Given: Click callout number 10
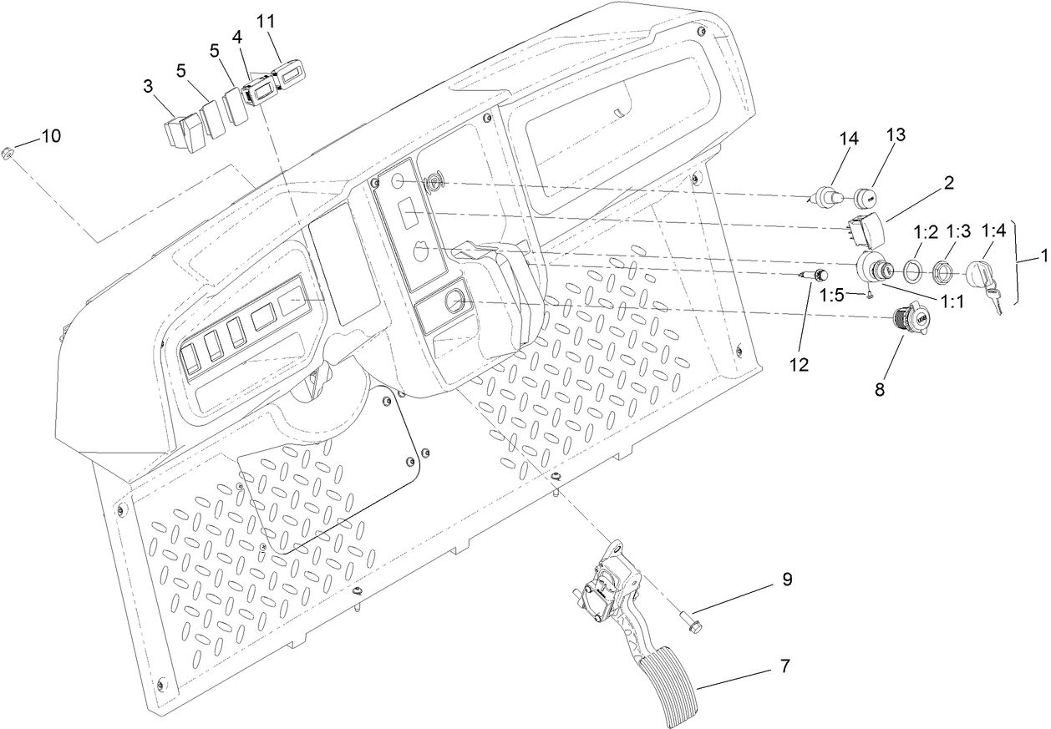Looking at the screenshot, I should (51, 136).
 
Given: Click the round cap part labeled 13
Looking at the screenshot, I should (866, 199).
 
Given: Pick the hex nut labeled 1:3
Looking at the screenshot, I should (942, 271).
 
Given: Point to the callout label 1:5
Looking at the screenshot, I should (834, 294).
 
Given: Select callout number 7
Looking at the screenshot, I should (784, 666).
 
